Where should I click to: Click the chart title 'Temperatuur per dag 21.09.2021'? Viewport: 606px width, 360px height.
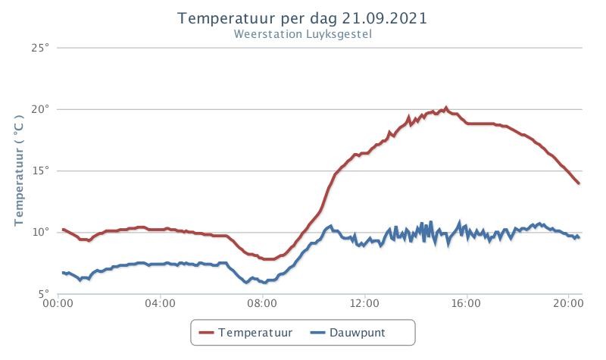302,18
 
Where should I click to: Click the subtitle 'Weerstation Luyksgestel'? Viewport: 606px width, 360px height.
302,34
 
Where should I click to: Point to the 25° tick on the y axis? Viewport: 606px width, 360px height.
41,48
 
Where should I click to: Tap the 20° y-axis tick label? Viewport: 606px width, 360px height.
41,109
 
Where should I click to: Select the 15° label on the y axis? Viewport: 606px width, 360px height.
41,171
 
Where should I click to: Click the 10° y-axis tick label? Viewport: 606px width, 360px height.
41,232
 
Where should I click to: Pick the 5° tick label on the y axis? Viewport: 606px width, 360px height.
44,294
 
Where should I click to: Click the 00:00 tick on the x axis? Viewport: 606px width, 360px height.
58,304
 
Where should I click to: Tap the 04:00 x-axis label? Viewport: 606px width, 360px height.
160,304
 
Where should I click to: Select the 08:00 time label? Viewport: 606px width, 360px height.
262,304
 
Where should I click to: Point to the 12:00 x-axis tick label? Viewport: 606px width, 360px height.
364,304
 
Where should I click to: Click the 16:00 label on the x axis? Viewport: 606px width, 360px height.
466,304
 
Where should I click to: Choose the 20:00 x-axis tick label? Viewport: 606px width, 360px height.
568,304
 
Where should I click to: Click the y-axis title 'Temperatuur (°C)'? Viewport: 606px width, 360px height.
19,171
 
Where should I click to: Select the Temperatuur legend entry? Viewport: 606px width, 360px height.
245,333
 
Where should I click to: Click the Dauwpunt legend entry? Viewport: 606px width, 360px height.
348,333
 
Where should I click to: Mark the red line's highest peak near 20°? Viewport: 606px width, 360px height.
446,108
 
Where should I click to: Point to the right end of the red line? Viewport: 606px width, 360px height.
579,183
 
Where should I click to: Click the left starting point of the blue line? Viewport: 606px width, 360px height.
63,273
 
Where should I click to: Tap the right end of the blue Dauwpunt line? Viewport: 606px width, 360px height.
579,237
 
